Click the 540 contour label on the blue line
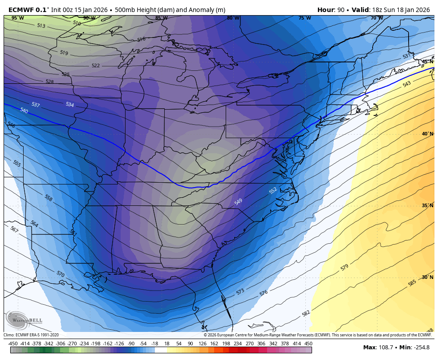[x=24, y=110]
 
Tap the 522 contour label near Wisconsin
[x=96, y=65]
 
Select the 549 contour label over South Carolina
[x=239, y=202]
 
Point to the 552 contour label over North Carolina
[x=273, y=190]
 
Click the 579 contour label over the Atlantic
[x=344, y=267]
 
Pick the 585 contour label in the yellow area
[x=412, y=283]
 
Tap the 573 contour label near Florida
[x=240, y=292]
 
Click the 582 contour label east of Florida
[x=306, y=313]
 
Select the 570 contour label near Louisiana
[x=61, y=274]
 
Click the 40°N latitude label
[x=427, y=134]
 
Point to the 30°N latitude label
[x=427, y=277]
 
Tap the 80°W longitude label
[x=233, y=18]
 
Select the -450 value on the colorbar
[x=13, y=344]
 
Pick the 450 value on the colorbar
[x=308, y=344]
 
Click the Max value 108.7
[x=385, y=348]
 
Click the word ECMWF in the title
[x=21, y=10]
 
